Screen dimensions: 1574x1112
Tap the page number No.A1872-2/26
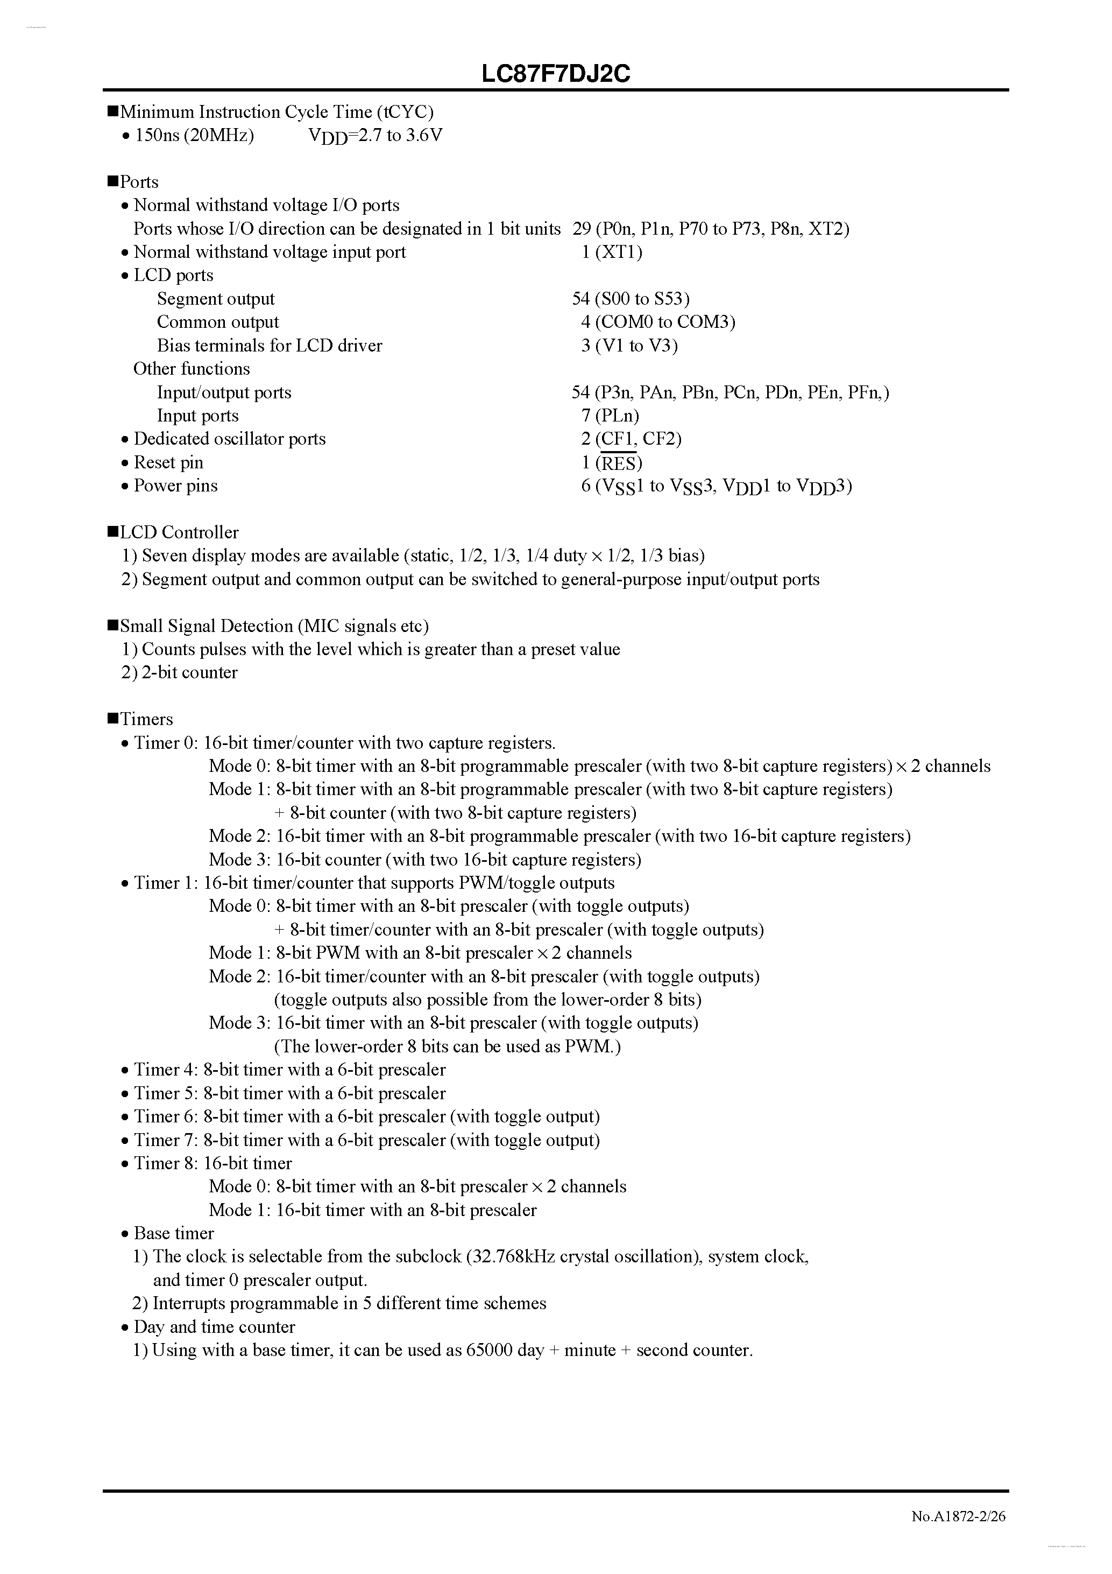[x=958, y=1516]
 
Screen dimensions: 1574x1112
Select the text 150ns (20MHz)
[x=195, y=135]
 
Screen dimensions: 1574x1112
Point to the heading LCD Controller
[x=179, y=532]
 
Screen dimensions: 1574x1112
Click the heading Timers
[x=146, y=719]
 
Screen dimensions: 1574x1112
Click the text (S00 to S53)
[x=641, y=299]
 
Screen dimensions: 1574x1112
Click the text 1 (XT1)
[x=612, y=252]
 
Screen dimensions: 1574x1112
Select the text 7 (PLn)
[x=610, y=416]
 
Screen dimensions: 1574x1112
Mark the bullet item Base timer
[x=173, y=1233]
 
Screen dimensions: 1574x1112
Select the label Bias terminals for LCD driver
[x=270, y=346]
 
